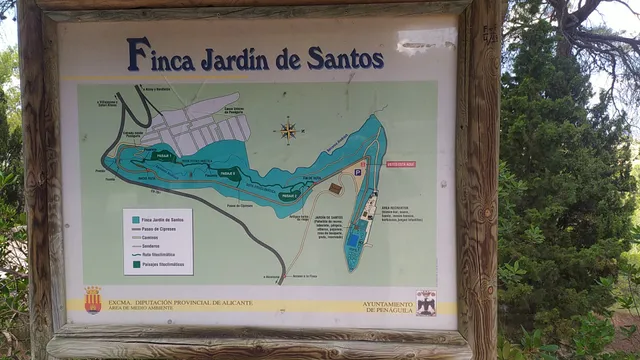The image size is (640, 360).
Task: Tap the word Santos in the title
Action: (344, 58)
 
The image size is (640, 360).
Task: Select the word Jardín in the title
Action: (236, 59)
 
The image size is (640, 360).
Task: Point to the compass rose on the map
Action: (289, 129)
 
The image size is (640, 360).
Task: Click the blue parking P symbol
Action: (358, 172)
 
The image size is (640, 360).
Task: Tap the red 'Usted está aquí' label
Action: (400, 163)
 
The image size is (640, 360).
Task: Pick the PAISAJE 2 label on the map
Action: (229, 173)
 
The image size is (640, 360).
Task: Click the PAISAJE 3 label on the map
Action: (289, 195)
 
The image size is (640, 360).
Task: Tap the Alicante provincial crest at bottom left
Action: (93, 300)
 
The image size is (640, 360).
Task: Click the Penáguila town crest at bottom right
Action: (426, 302)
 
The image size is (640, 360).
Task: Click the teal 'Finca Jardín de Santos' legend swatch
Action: (133, 219)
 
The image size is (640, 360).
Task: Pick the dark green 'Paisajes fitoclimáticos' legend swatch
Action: (133, 264)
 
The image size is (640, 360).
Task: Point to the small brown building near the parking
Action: (336, 188)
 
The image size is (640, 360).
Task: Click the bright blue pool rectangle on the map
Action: (353, 241)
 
